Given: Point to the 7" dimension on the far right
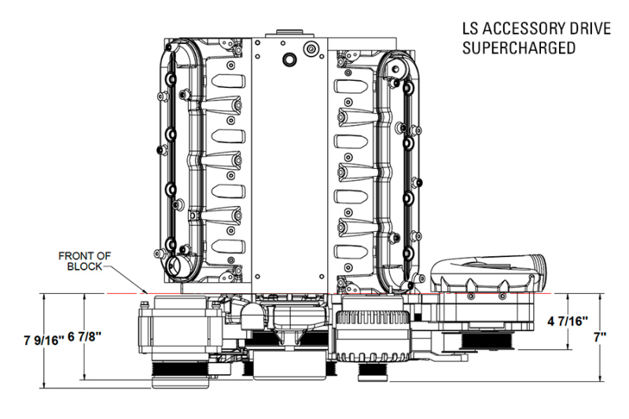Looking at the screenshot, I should (600, 336).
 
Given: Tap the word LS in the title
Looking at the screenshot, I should (471, 30).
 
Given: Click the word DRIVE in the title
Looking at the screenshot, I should (587, 30).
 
